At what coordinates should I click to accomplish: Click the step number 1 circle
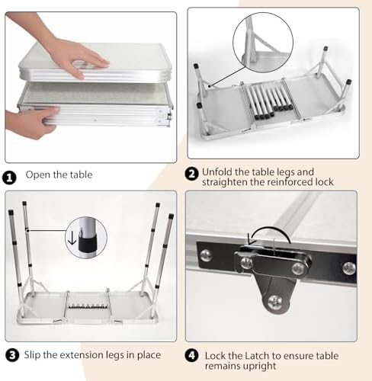pos(9,178)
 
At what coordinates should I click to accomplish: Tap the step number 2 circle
pos(192,174)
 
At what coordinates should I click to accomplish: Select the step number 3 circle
pos(12,355)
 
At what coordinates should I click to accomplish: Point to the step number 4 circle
pos(192,355)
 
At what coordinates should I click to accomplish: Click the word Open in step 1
pos(38,175)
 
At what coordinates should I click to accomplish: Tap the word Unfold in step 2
pos(217,172)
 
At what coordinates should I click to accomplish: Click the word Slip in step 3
pos(32,355)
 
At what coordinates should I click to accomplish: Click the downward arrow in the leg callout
pos(72,238)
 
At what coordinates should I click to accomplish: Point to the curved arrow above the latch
pos(269,235)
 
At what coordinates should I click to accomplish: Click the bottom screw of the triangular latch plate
pos(275,302)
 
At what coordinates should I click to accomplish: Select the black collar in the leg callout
pos(88,244)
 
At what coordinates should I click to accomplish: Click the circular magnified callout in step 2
pos(263,43)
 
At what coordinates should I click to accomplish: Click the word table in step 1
pos(81,174)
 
